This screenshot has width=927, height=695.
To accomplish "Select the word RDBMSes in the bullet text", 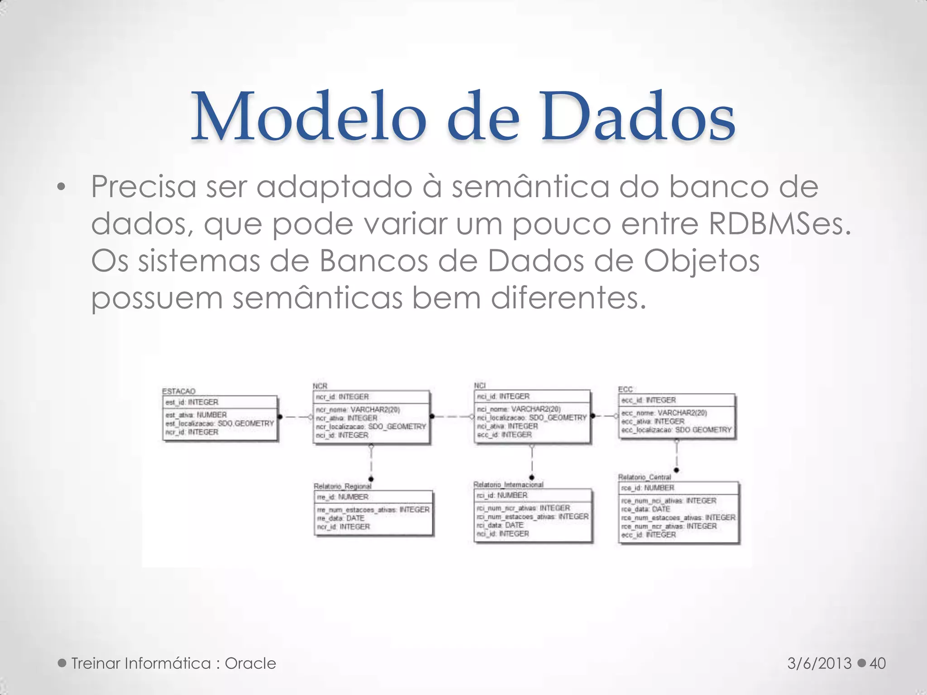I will (779, 224).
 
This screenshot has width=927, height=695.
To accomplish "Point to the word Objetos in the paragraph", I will (702, 262).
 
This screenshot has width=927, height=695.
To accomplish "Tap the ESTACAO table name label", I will (179, 391).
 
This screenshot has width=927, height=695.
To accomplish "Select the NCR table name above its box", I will (320, 386).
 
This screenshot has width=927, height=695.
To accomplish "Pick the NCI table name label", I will (480, 386).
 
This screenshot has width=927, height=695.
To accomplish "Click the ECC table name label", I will (625, 389).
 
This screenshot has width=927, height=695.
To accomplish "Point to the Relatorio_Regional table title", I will (343, 486).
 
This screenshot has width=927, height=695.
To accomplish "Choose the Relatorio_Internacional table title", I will (508, 485).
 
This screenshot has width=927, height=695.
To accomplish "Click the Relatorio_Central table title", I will (645, 477).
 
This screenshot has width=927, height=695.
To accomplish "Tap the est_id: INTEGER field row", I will (192, 402).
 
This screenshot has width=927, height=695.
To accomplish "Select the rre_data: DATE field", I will (341, 518).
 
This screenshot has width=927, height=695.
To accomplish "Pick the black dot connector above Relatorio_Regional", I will (371, 479).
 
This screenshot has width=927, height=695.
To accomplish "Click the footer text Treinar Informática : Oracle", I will (173, 663).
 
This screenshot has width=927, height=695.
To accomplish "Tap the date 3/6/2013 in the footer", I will (819, 663).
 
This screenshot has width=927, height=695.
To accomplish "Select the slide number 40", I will (878, 663).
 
